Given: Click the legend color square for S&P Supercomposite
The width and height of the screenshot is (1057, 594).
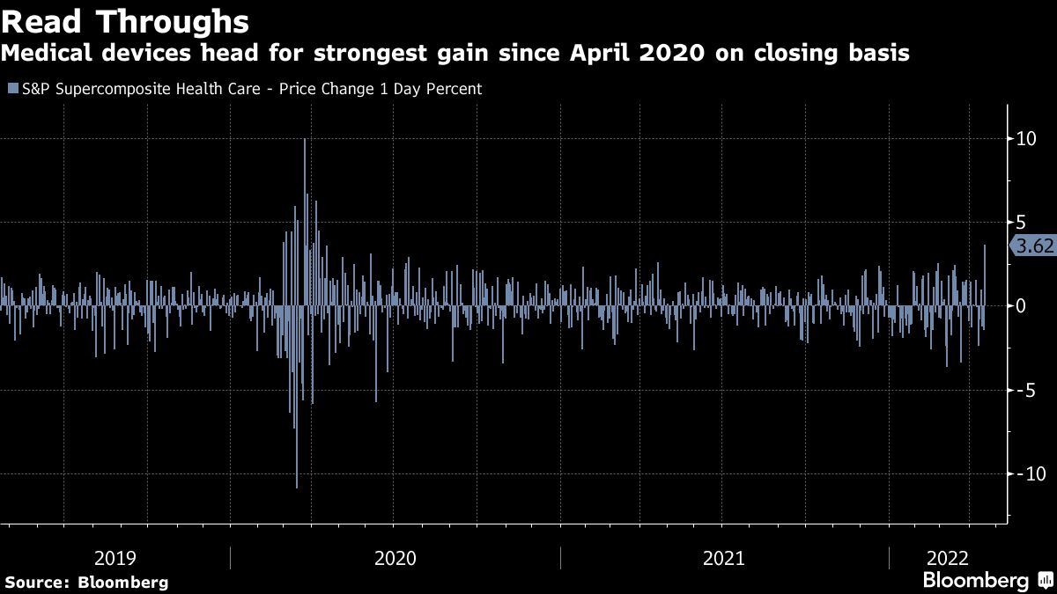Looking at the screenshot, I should (11, 89).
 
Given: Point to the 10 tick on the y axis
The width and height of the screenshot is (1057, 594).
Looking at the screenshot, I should (1024, 139).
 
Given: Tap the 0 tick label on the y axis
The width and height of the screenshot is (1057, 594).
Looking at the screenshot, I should (1020, 306).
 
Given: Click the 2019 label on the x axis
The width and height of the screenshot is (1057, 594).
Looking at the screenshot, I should (115, 558).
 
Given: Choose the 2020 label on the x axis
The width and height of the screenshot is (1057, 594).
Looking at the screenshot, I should (395, 558).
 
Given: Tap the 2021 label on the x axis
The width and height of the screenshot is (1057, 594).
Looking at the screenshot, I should (724, 558).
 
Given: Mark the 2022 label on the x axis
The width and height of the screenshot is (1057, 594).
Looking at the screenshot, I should (947, 558).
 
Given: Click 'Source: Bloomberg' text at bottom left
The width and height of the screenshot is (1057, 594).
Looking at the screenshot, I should (86, 582).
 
